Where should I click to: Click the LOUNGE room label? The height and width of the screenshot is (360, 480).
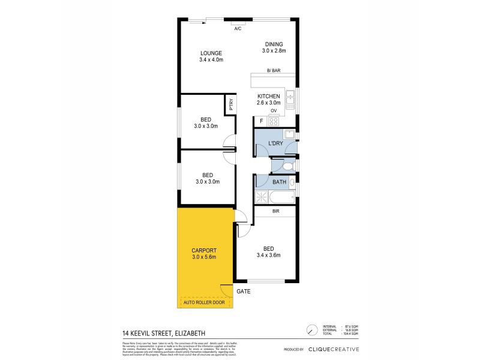(x=211, y=53)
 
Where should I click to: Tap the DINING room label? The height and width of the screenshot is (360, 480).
(x=274, y=44)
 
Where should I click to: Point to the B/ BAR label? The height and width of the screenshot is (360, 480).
(x=274, y=71)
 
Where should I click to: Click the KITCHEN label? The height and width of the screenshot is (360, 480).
(x=268, y=97)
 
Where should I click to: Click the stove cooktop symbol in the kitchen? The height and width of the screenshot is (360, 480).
(x=274, y=121)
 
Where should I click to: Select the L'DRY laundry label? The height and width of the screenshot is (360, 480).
(x=275, y=143)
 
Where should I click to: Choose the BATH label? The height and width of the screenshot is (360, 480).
(x=279, y=182)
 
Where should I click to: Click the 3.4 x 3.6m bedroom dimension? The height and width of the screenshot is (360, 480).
(x=268, y=255)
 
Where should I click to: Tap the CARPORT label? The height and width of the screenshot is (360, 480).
(x=203, y=250)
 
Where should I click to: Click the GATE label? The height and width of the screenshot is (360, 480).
(x=243, y=291)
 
